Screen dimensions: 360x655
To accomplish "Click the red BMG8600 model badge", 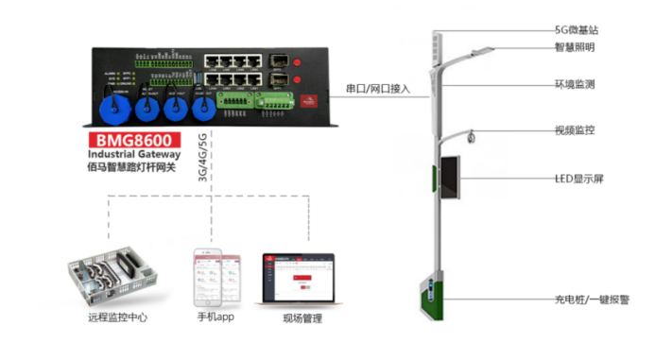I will click(122, 138).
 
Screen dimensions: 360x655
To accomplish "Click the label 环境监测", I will click(574, 84).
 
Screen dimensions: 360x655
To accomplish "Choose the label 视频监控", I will click(574, 130).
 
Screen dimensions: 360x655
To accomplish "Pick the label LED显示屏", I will click(577, 179).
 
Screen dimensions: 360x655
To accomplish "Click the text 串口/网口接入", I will click(373, 89).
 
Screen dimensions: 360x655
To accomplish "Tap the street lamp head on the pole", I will click(481, 52).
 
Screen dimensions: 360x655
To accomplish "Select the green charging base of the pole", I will click(429, 296).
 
